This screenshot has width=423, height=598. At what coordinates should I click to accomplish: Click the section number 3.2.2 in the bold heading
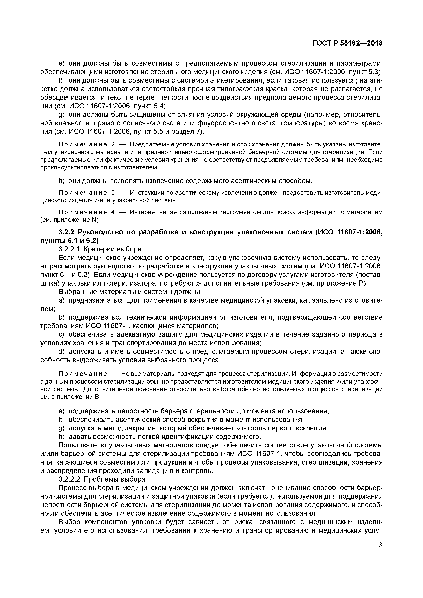(67, 232)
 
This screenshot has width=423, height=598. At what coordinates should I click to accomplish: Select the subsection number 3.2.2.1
(69, 249)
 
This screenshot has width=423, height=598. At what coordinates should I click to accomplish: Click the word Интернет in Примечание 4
(142, 212)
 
